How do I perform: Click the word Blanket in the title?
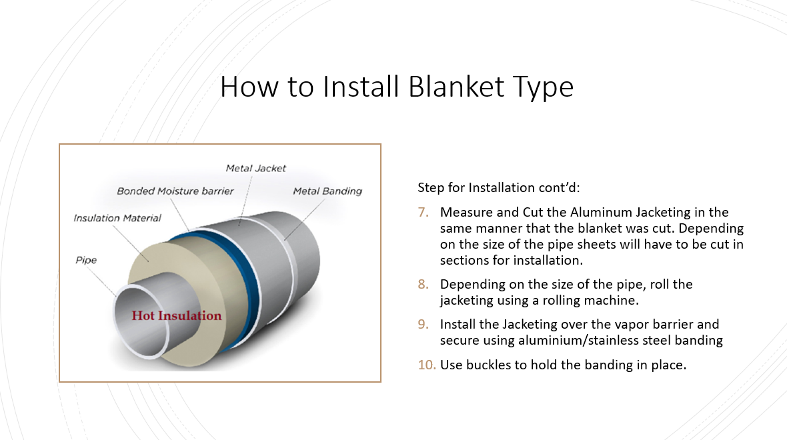[456, 86]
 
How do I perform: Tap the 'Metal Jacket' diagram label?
[255, 169]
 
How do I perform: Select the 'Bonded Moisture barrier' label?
[175, 191]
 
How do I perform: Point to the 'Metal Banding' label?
[327, 191]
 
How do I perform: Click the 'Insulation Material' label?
[117, 218]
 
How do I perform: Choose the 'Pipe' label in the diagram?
[86, 260]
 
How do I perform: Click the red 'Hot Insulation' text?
[176, 315]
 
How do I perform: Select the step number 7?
[423, 212]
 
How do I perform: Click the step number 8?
[423, 285]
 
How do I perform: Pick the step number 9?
[423, 324]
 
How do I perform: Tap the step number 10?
[427, 365]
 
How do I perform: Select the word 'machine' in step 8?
[614, 301]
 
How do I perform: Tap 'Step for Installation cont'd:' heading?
[498, 187]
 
